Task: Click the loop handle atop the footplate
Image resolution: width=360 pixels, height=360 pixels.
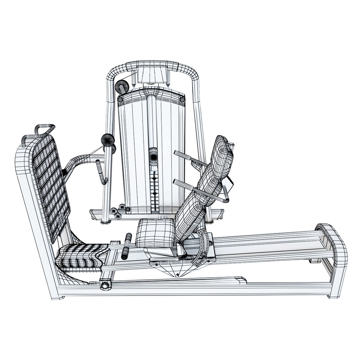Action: click(44, 129)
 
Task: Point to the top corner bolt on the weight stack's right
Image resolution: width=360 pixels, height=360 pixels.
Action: click(182, 99)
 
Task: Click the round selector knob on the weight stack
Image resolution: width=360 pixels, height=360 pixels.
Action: click(154, 156)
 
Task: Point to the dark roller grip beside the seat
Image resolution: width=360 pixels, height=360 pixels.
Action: click(127, 247)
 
